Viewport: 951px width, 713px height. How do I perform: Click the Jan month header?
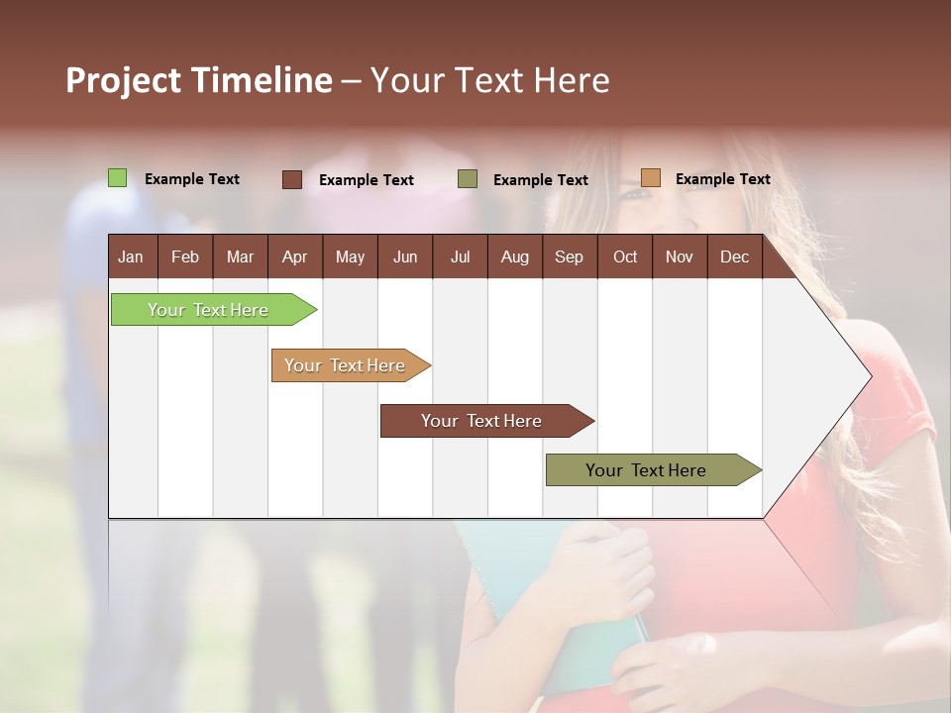tap(131, 256)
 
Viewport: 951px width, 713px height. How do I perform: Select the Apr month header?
tap(294, 256)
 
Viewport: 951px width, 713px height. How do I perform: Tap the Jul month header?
tap(460, 256)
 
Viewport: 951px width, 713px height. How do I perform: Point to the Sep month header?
tap(569, 256)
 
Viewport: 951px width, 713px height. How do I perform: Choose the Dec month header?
tap(734, 256)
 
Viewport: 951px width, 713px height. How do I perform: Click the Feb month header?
tap(185, 256)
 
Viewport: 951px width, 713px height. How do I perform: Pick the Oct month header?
tap(625, 256)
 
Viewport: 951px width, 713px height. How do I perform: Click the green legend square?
tap(117, 178)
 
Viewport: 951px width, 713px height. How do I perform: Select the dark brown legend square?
tap(292, 179)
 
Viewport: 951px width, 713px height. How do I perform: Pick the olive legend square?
tap(468, 179)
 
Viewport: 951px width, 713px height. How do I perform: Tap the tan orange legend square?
tap(650, 178)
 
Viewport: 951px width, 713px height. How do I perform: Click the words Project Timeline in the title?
tap(199, 80)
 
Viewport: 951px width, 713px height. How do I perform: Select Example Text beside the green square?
tap(192, 179)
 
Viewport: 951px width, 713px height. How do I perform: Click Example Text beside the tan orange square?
tap(722, 179)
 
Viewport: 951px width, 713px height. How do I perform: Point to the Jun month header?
tap(405, 256)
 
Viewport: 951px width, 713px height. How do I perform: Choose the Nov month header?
tap(680, 256)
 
